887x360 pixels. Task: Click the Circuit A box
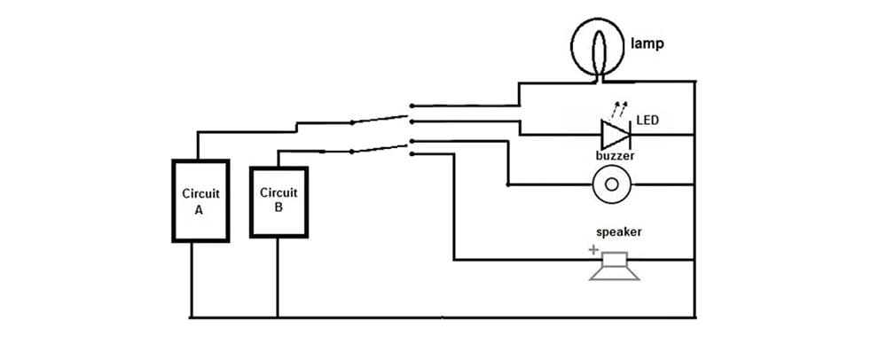click(x=200, y=200)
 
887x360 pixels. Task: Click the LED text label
click(x=648, y=119)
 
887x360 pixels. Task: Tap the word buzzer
click(x=615, y=156)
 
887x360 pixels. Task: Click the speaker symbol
click(x=614, y=266)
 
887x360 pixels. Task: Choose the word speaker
click(x=617, y=232)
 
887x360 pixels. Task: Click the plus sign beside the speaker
click(x=593, y=251)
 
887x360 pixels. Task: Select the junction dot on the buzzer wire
click(x=507, y=184)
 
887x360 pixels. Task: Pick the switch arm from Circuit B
click(x=380, y=145)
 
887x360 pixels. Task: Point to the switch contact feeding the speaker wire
click(x=411, y=155)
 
